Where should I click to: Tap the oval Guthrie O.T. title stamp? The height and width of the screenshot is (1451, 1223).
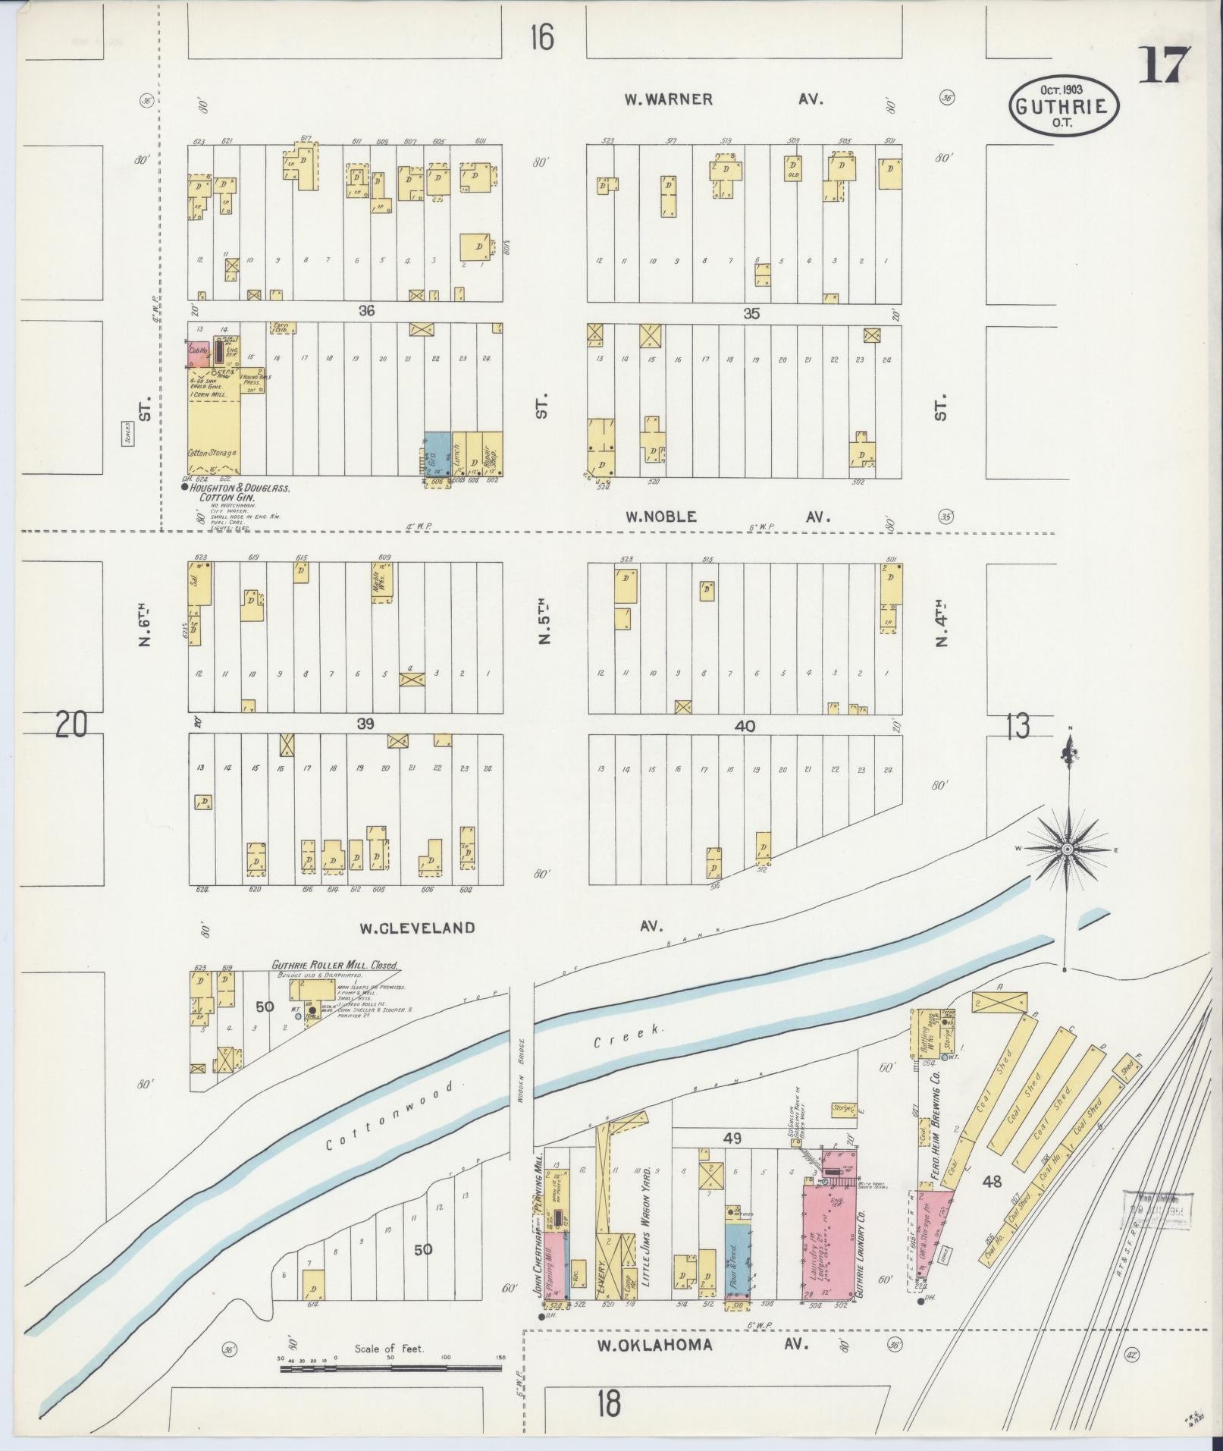point(1064,107)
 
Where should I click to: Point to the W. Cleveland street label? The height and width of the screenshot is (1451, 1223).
point(417,928)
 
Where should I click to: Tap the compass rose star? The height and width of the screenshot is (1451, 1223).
point(1067,849)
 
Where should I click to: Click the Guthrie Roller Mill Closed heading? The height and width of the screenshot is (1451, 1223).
point(334,966)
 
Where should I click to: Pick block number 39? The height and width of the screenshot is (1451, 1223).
point(366,724)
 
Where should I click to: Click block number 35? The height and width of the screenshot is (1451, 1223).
point(751,313)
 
